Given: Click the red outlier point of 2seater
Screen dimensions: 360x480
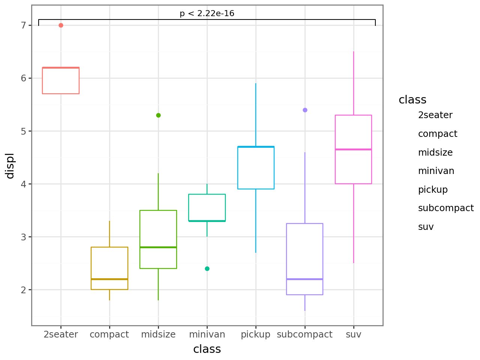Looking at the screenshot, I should [61, 25].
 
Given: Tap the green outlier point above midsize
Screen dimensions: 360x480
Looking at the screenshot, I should [158, 115].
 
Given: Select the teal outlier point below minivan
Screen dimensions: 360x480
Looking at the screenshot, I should [207, 269].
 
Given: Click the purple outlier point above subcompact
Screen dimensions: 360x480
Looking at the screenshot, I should [305, 110].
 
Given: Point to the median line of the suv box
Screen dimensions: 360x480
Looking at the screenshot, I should [353, 150].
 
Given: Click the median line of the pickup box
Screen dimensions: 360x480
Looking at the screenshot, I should [256, 147].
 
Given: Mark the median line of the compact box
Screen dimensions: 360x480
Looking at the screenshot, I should [109, 279].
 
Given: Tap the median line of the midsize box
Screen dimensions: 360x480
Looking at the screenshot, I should [158, 247].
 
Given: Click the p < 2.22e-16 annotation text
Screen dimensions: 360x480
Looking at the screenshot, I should [207, 14].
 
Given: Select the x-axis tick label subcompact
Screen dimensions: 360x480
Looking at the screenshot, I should [304, 334].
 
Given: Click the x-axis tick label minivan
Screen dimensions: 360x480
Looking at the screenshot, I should [207, 334].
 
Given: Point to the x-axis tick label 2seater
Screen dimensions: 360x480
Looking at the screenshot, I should [61, 334].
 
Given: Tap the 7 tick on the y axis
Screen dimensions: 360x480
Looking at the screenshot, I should [24, 25].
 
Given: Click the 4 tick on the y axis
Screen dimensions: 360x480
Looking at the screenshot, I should [24, 184].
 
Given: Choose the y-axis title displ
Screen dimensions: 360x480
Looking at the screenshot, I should [10, 166].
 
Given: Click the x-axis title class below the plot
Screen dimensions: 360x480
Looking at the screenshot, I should [207, 349].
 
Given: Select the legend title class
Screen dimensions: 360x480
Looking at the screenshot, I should [412, 100].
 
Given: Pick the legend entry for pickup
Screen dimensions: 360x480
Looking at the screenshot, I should [433, 190].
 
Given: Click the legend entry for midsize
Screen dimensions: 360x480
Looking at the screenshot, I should [435, 153].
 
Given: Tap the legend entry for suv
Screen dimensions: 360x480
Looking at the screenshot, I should [426, 227].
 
